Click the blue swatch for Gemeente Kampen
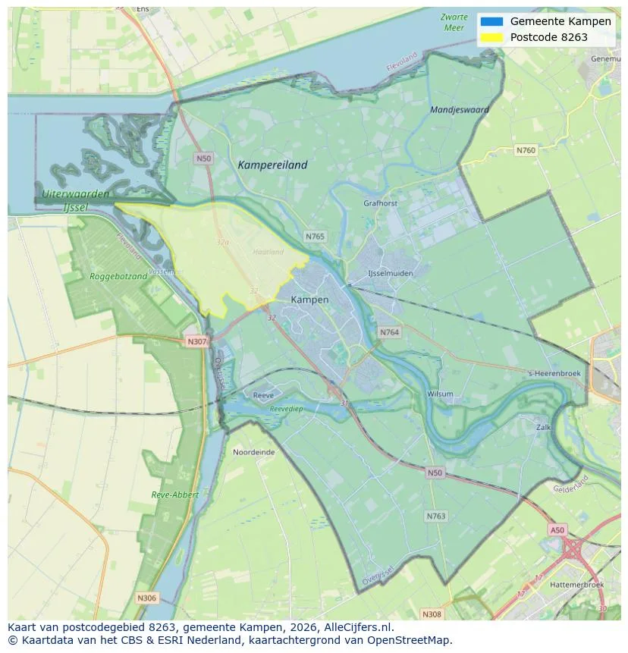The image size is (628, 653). (x=491, y=21)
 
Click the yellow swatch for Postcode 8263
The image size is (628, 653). (x=491, y=37)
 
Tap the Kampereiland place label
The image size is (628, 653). (x=272, y=165)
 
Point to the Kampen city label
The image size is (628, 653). (x=309, y=300)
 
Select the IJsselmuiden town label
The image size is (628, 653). (x=390, y=273)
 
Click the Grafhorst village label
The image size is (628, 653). (x=381, y=203)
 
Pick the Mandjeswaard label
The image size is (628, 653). (x=459, y=110)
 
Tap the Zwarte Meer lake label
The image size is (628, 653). (x=453, y=22)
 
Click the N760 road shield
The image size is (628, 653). (x=526, y=150)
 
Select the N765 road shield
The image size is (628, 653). (x=315, y=237)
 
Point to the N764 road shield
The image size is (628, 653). (x=390, y=332)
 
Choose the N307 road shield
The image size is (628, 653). (x=196, y=341)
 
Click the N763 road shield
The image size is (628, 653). (x=435, y=516)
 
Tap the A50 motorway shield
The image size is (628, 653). (x=557, y=530)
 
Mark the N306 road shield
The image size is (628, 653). (x=147, y=598)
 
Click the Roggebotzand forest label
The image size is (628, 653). (x=118, y=277)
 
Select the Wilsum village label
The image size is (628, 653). (x=440, y=394)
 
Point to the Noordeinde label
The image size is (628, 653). (x=253, y=451)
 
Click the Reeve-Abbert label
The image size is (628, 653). (x=174, y=494)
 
